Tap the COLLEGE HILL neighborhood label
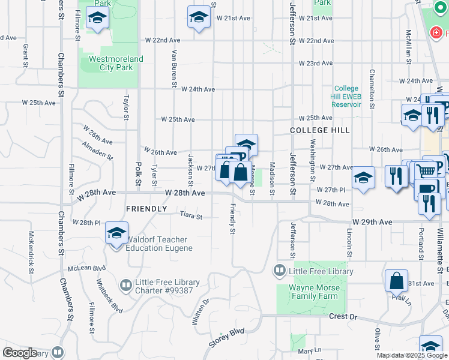click(320, 130)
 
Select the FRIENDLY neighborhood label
click(146, 209)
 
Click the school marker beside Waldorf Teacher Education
click(116, 234)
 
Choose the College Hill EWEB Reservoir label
click(347, 96)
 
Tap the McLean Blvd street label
click(86, 268)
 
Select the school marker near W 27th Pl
click(363, 178)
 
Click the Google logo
click(19, 353)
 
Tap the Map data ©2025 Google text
click(412, 355)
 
